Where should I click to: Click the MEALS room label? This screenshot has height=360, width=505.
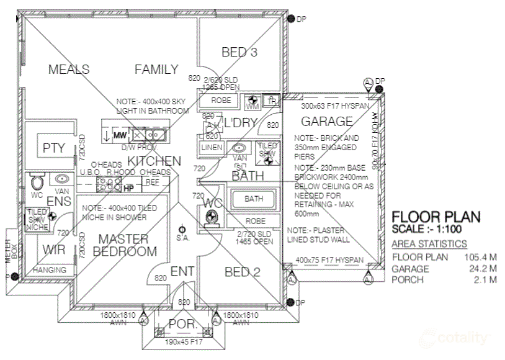(69, 70)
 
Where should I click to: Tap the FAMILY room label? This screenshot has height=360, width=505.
(156, 70)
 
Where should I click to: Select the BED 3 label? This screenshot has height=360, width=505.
(239, 53)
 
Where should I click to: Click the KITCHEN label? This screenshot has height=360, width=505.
(154, 161)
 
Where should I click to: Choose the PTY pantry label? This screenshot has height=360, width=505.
(54, 148)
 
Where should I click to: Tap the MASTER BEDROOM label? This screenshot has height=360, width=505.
(124, 245)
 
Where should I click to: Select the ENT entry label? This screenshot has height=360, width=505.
(182, 271)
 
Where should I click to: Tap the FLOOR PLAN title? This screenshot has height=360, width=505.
(436, 217)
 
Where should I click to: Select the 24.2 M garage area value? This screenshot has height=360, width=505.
(484, 269)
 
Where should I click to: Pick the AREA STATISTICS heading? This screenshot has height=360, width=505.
(429, 243)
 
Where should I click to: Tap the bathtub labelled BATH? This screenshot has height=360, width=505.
(254, 199)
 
